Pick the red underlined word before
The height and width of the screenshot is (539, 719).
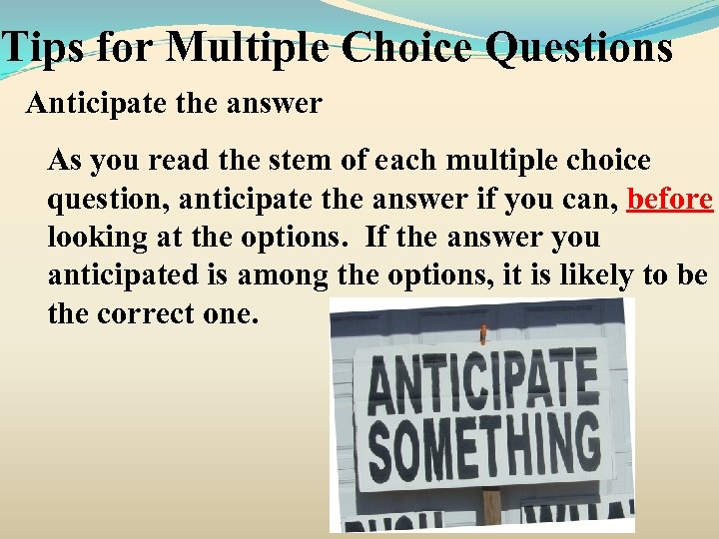669,199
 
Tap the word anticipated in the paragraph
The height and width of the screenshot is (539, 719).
119,275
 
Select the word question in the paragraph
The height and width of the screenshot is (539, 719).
109,199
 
